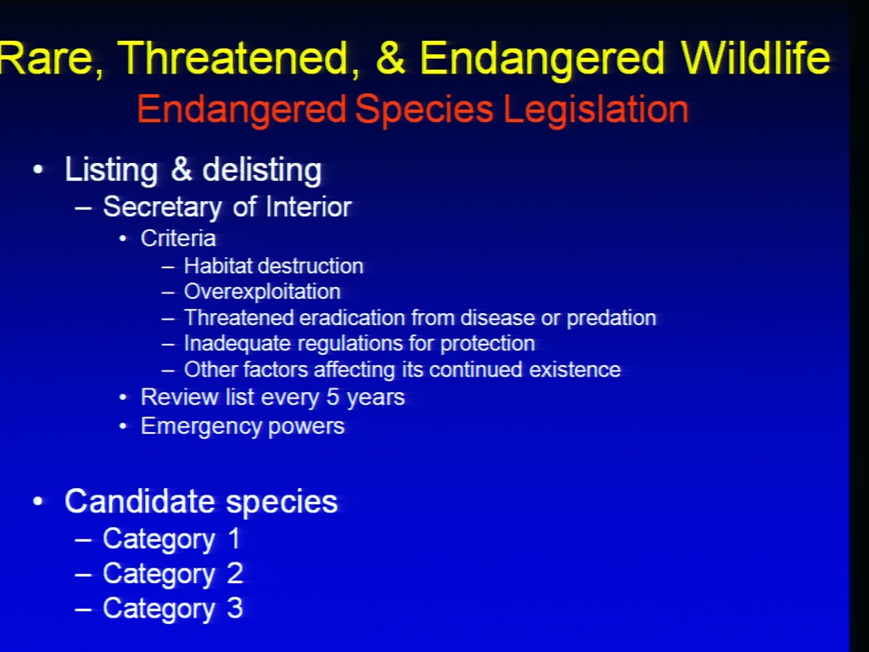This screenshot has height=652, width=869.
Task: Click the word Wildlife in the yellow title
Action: coord(755,58)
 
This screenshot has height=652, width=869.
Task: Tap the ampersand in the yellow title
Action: coord(390,58)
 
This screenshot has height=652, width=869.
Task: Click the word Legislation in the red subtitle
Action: coord(596,110)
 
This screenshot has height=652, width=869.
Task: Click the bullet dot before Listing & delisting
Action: coord(38,169)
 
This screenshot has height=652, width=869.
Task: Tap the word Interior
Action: coord(309,206)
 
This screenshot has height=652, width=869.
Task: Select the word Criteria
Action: coord(178,238)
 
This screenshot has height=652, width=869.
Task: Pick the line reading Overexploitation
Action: coord(263,292)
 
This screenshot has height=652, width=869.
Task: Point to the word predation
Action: coord(611,319)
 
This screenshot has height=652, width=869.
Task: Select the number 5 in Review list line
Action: coord(332,397)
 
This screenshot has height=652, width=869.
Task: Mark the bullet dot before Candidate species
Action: coord(38,502)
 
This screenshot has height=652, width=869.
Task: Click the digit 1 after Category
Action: coord(234,538)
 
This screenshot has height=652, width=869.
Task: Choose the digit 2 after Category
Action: coord(235,573)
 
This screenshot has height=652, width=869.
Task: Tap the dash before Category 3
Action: coord(83,609)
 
